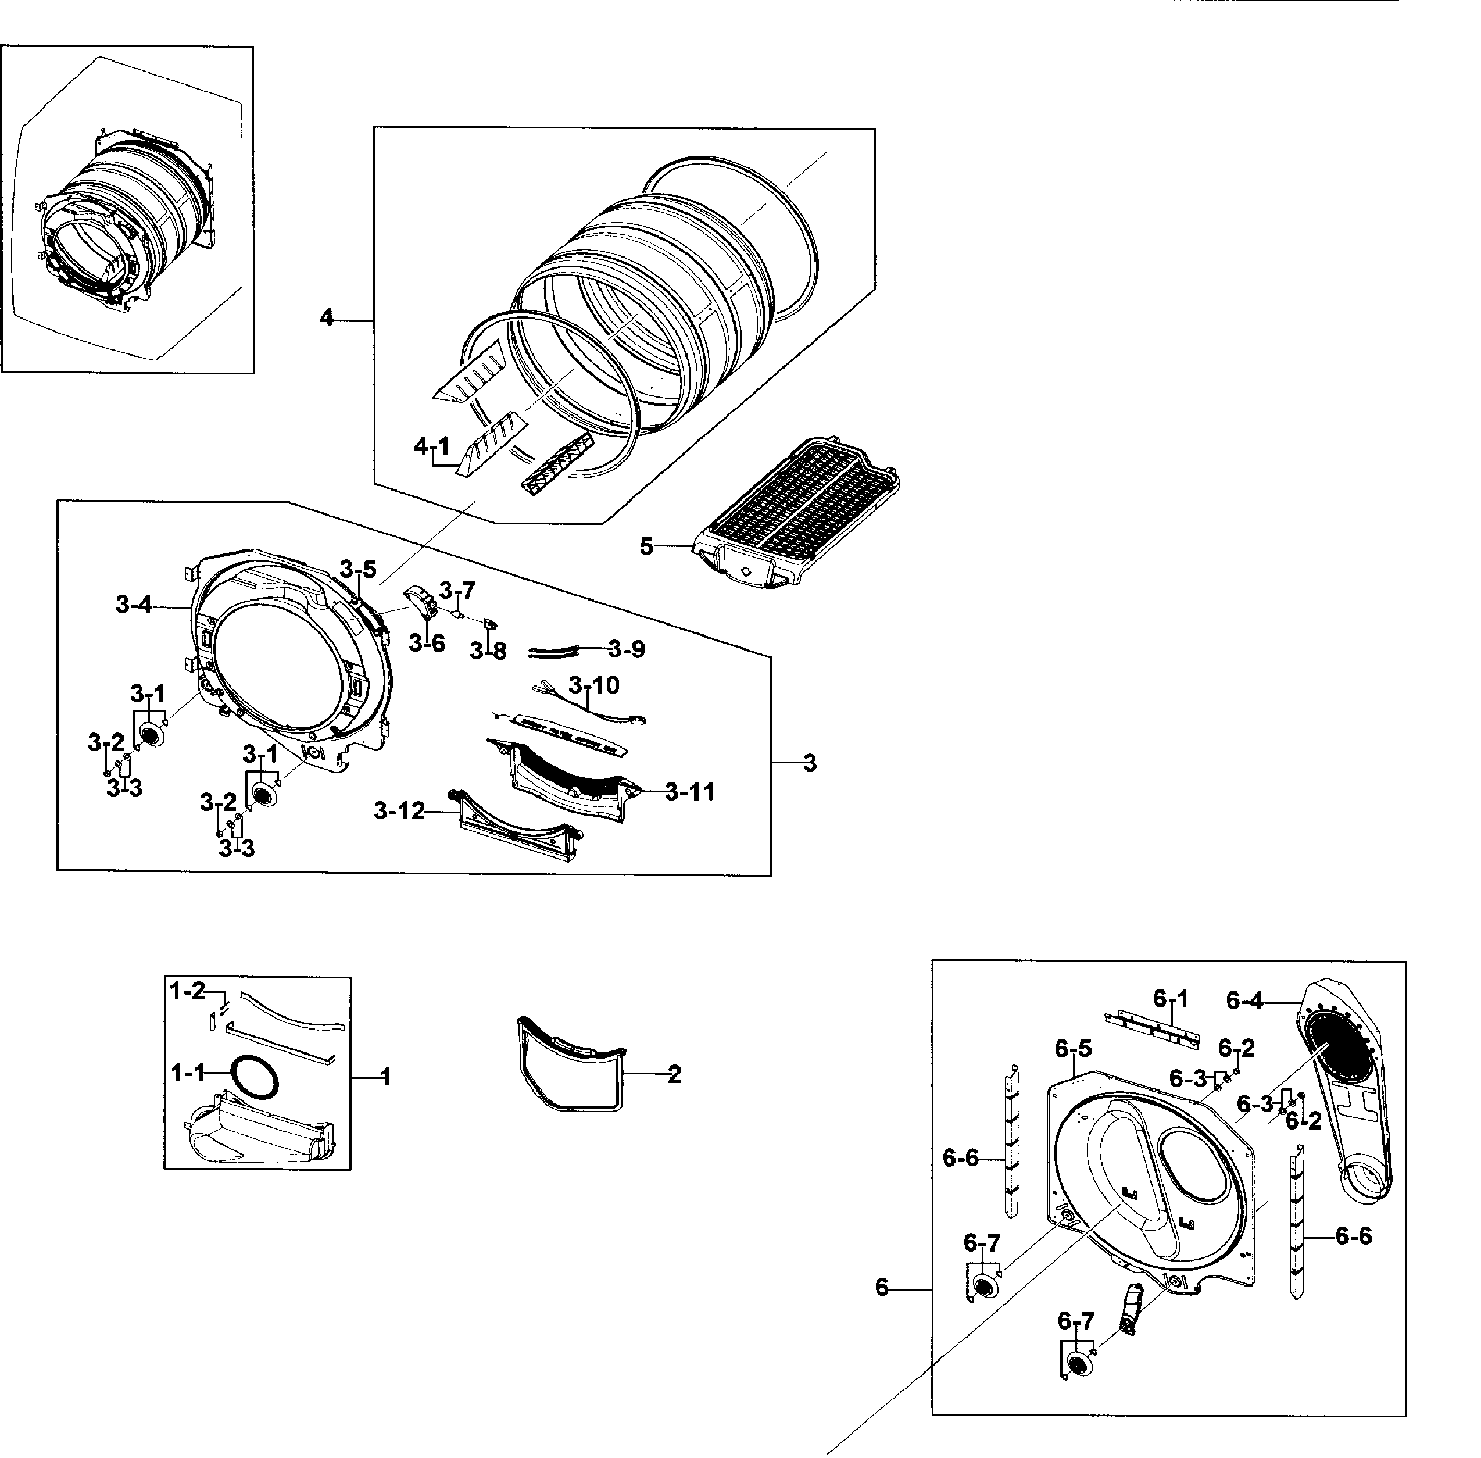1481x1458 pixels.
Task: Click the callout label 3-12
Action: click(399, 811)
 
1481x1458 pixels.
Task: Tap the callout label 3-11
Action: click(689, 792)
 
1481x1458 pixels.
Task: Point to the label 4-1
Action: click(431, 447)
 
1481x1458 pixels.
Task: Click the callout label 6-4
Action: click(1244, 1000)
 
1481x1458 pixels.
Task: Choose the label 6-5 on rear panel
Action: click(1073, 1049)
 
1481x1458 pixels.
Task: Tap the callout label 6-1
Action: click(1171, 999)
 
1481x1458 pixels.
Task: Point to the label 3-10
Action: click(594, 685)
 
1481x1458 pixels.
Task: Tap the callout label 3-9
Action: click(627, 649)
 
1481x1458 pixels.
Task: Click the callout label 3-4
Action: click(134, 606)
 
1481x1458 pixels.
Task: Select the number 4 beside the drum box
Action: click(327, 318)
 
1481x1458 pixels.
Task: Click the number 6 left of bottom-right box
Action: click(882, 1288)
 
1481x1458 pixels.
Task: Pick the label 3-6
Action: click(427, 643)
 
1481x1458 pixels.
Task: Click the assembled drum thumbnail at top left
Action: click(127, 215)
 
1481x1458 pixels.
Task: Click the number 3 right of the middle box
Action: click(810, 763)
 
